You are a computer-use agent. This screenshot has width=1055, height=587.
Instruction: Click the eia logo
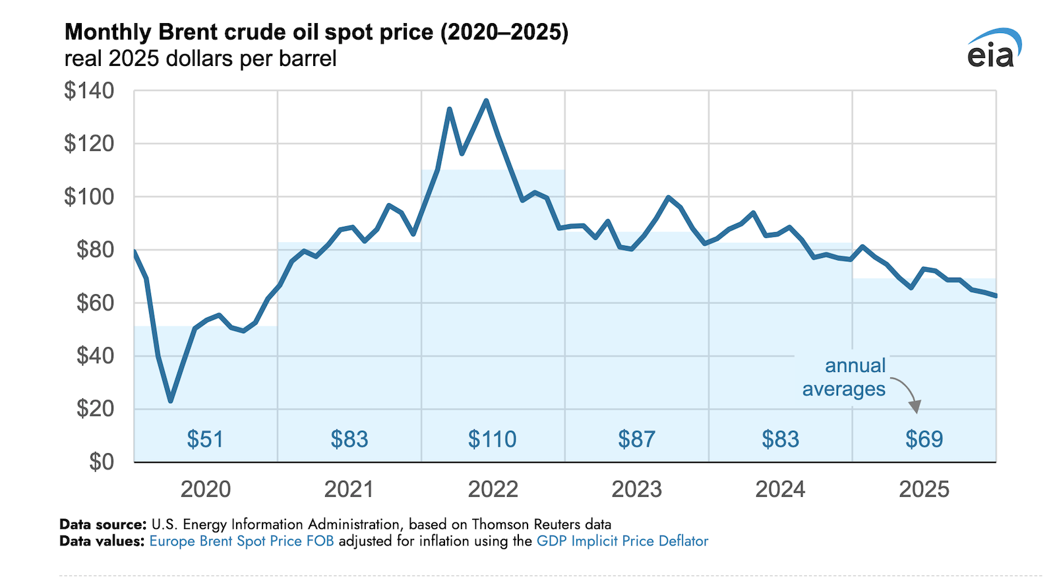coord(994,49)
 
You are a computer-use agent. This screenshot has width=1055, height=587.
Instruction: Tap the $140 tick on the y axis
coord(89,90)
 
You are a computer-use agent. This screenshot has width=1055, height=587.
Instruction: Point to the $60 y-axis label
coord(95,303)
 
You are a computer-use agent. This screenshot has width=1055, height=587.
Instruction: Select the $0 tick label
coord(102,462)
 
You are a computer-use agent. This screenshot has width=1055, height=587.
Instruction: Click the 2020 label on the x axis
coord(206,489)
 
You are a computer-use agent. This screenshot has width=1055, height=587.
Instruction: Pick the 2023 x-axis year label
coord(636,489)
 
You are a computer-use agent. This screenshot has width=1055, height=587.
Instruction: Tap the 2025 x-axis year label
coord(924,489)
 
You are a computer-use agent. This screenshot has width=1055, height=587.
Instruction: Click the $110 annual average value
coord(492,439)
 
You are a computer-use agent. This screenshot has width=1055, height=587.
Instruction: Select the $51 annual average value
coord(205,439)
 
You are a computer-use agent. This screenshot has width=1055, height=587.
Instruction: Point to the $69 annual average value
coord(924,439)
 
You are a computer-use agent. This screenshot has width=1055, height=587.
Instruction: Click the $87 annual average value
coord(636,439)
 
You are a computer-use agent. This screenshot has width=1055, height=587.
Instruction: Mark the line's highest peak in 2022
coord(486,101)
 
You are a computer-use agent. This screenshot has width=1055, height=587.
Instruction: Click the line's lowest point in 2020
coord(171,400)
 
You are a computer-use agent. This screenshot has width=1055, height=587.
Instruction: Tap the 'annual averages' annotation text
coord(845,377)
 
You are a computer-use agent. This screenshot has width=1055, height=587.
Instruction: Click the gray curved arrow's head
coord(915,408)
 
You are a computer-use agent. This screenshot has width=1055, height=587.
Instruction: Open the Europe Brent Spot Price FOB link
coord(241,541)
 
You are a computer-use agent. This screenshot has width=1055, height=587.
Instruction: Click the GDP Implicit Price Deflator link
coord(622,541)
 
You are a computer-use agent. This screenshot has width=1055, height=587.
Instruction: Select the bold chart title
coord(316,32)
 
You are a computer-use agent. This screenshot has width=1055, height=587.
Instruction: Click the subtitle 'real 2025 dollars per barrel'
coord(200,59)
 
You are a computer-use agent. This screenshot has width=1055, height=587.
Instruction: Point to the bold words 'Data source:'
coord(103,524)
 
